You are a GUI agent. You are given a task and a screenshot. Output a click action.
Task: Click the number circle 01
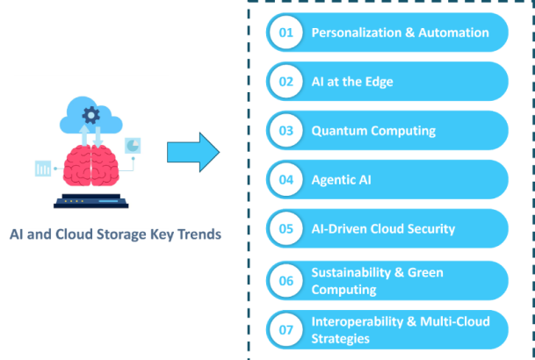[286, 32]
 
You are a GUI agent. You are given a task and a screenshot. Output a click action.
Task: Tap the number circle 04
[286, 180]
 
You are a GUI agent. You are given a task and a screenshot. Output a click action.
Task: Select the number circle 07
[286, 329]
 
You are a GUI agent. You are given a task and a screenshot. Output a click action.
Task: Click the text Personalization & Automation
[401, 32]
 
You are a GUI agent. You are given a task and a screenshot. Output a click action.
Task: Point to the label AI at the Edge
[352, 82]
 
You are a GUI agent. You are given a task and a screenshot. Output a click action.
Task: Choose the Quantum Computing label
[373, 131]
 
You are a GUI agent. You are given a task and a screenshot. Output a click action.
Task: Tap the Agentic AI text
[341, 180]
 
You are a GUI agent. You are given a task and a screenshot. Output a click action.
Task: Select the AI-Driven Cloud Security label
[383, 229]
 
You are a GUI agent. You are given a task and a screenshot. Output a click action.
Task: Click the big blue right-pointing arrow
[193, 152]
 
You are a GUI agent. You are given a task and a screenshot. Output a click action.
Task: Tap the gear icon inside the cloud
[91, 115]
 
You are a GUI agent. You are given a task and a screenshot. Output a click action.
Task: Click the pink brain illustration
[91, 166]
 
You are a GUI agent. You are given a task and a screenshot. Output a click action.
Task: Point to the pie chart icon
[133, 146]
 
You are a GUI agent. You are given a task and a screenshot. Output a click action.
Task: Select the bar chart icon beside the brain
[43, 169]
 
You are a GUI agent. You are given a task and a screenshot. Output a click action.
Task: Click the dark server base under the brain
[91, 201]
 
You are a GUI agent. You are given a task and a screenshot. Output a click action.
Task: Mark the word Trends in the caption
[199, 234]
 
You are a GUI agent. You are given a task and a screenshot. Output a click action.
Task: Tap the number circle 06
[286, 281]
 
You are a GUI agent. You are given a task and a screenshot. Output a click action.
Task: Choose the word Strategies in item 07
[341, 339]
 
